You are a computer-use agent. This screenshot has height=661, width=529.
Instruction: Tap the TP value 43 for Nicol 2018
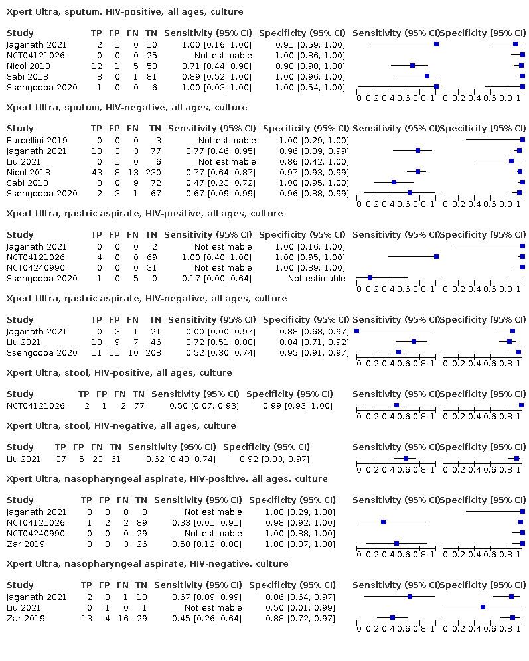[x=96, y=173]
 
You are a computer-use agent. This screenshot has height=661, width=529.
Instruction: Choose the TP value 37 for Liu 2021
[x=60, y=459]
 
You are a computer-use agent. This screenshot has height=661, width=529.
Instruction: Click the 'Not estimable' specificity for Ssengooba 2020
[x=317, y=279]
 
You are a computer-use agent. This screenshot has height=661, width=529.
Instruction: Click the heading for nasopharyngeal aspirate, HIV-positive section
[x=167, y=479]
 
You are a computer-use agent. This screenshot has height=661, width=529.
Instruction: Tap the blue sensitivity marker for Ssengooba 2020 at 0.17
[x=370, y=279]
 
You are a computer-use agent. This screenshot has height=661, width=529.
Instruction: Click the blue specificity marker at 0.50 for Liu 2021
[x=483, y=607]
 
